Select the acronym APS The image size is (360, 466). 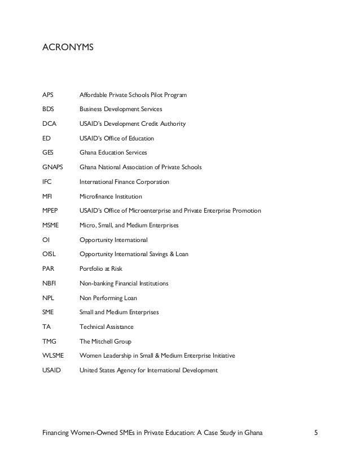pyautogui.click(x=48, y=94)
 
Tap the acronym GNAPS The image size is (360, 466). pyautogui.click(x=52, y=168)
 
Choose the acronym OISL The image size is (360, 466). pyautogui.click(x=50, y=254)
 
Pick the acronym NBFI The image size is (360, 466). pyautogui.click(x=49, y=283)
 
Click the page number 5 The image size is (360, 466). pyautogui.click(x=317, y=433)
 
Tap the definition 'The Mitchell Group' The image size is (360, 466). pyautogui.click(x=106, y=341)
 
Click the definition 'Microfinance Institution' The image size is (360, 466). pyautogui.click(x=111, y=196)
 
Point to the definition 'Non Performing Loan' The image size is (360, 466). pyautogui.click(x=108, y=298)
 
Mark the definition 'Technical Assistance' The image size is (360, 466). pyautogui.click(x=107, y=327)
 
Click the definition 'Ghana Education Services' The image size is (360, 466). pyautogui.click(x=113, y=153)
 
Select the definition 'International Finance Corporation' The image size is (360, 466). pyautogui.click(x=124, y=182)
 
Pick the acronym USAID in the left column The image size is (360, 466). pyautogui.click(x=51, y=371)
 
